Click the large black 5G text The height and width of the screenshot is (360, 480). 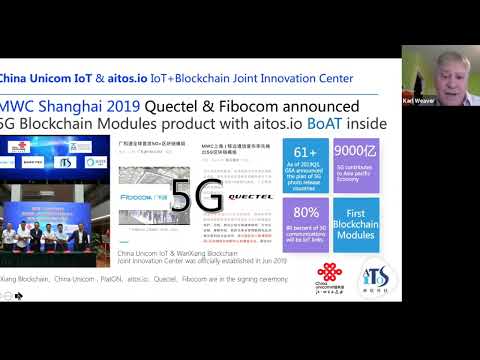(x=196, y=197)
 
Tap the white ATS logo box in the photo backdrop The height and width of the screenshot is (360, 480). (x=63, y=161)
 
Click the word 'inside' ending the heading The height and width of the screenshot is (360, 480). (x=363, y=124)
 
